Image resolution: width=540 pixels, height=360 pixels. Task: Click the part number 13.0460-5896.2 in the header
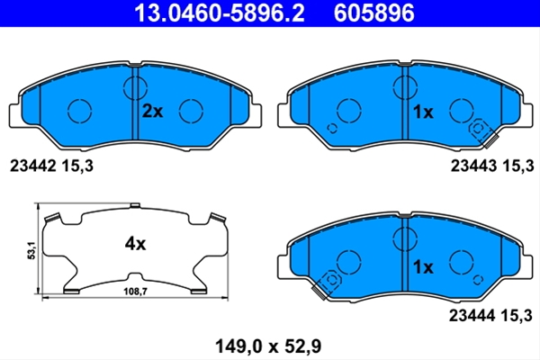point(220,13)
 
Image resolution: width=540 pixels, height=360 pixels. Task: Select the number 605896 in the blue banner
point(374,13)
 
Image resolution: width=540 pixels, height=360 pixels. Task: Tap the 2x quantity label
point(152,112)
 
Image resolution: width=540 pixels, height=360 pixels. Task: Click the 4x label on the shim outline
point(135,244)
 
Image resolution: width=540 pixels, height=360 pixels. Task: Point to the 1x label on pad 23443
point(423,112)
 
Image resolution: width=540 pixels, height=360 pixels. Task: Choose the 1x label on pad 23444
point(423,267)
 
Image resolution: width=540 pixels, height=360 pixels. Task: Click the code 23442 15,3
point(51,166)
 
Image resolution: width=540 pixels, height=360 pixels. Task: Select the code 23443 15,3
point(492,166)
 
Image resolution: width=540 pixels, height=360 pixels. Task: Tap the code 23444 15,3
point(490,315)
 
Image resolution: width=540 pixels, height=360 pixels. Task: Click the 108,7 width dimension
point(135,292)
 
